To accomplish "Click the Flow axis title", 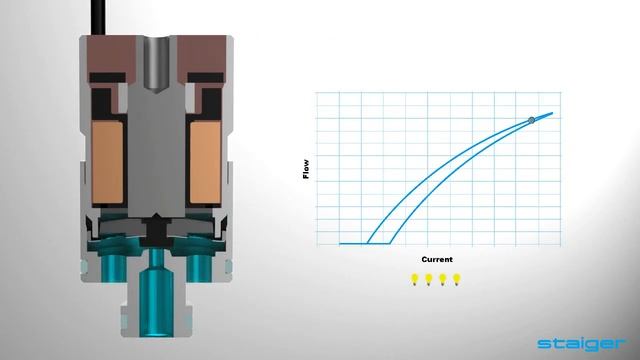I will click(305, 169).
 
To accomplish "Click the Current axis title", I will click(436, 259).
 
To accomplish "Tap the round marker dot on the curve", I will click(532, 121).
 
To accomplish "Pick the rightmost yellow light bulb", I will click(457, 279).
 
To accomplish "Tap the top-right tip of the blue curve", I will click(553, 113).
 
